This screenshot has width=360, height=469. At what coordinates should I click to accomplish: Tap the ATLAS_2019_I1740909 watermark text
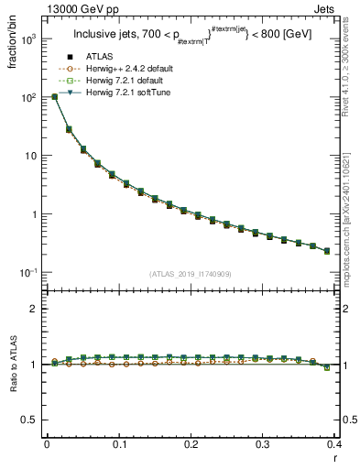[190, 274]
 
